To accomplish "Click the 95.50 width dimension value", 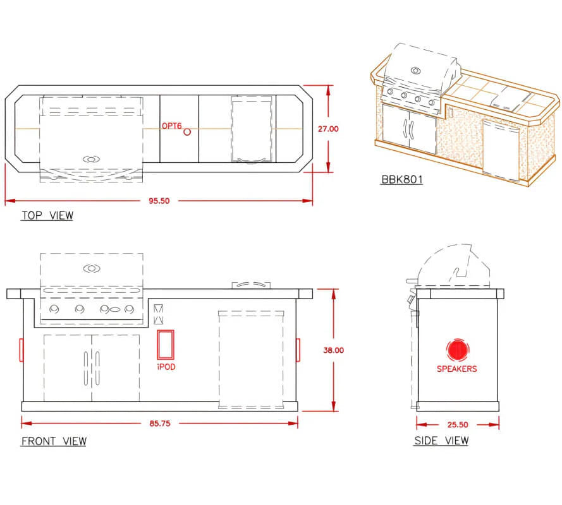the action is (x=159, y=201).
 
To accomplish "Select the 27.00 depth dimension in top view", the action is (x=328, y=129).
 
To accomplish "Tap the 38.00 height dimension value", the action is (x=333, y=350).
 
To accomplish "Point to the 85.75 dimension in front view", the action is (x=160, y=424).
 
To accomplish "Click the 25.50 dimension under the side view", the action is (x=458, y=424).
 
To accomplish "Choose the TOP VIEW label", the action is (x=47, y=215).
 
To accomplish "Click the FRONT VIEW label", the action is (x=54, y=441).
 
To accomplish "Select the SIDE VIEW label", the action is (x=441, y=440).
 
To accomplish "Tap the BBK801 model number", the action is (x=402, y=179).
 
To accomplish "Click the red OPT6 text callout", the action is (x=172, y=126).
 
